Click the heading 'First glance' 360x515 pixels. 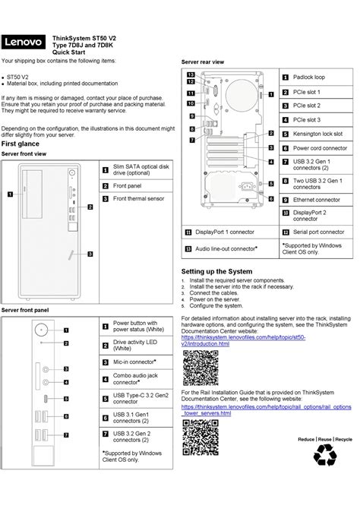(21, 143)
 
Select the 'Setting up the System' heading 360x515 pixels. (216, 271)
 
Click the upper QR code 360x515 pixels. (201, 368)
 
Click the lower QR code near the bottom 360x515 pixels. (201, 437)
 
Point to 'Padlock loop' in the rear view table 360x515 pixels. (309, 77)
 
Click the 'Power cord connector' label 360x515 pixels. (320, 148)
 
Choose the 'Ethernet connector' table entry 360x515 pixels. (317, 200)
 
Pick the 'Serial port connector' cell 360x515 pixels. (318, 231)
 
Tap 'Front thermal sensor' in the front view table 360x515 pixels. (138, 198)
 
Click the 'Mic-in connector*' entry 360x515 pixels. (134, 362)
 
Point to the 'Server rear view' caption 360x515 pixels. (202, 61)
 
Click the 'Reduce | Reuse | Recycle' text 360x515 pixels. (324, 440)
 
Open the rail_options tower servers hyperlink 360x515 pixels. (266, 410)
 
